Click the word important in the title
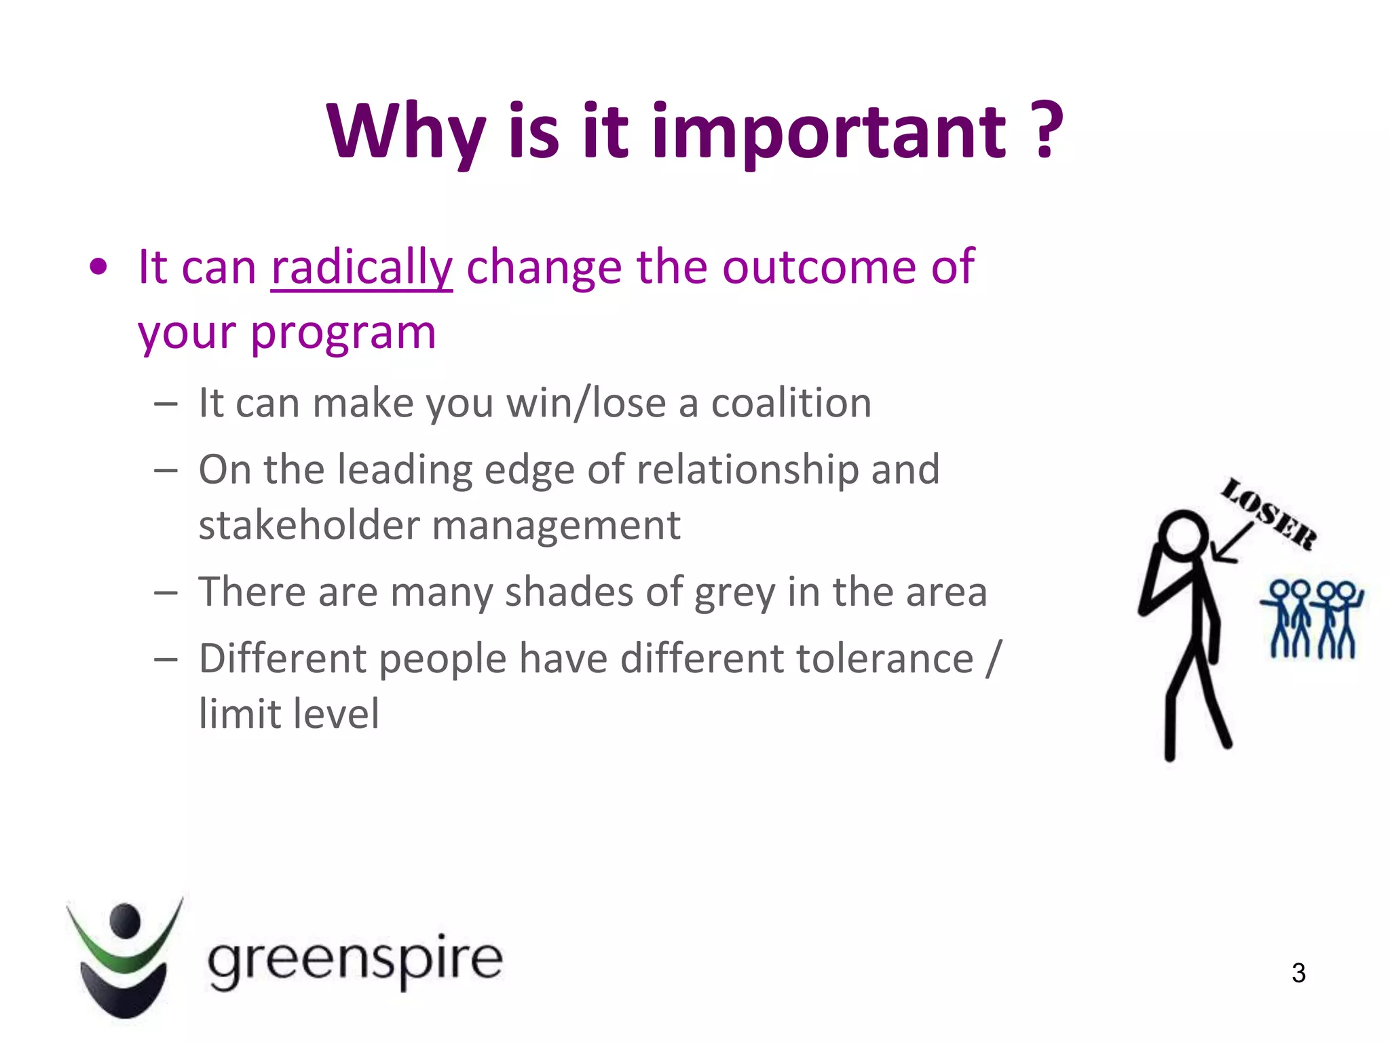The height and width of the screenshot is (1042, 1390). pyautogui.click(x=829, y=132)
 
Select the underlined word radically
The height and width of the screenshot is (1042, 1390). pyautogui.click(x=361, y=268)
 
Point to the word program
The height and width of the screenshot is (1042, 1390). pyautogui.click(x=343, y=334)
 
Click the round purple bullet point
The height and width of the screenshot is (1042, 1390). pyautogui.click(x=98, y=267)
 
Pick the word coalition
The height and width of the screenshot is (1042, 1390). pyautogui.click(x=791, y=403)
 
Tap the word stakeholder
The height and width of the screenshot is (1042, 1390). pyautogui.click(x=309, y=526)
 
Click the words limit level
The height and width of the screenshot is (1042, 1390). pyautogui.click(x=289, y=714)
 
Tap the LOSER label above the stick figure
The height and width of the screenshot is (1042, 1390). pyautogui.click(x=1269, y=514)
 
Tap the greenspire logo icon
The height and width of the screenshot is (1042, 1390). pyautogui.click(x=124, y=957)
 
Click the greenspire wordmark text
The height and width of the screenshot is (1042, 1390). pyautogui.click(x=355, y=960)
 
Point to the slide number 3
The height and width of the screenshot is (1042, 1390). pyautogui.click(x=1298, y=973)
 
